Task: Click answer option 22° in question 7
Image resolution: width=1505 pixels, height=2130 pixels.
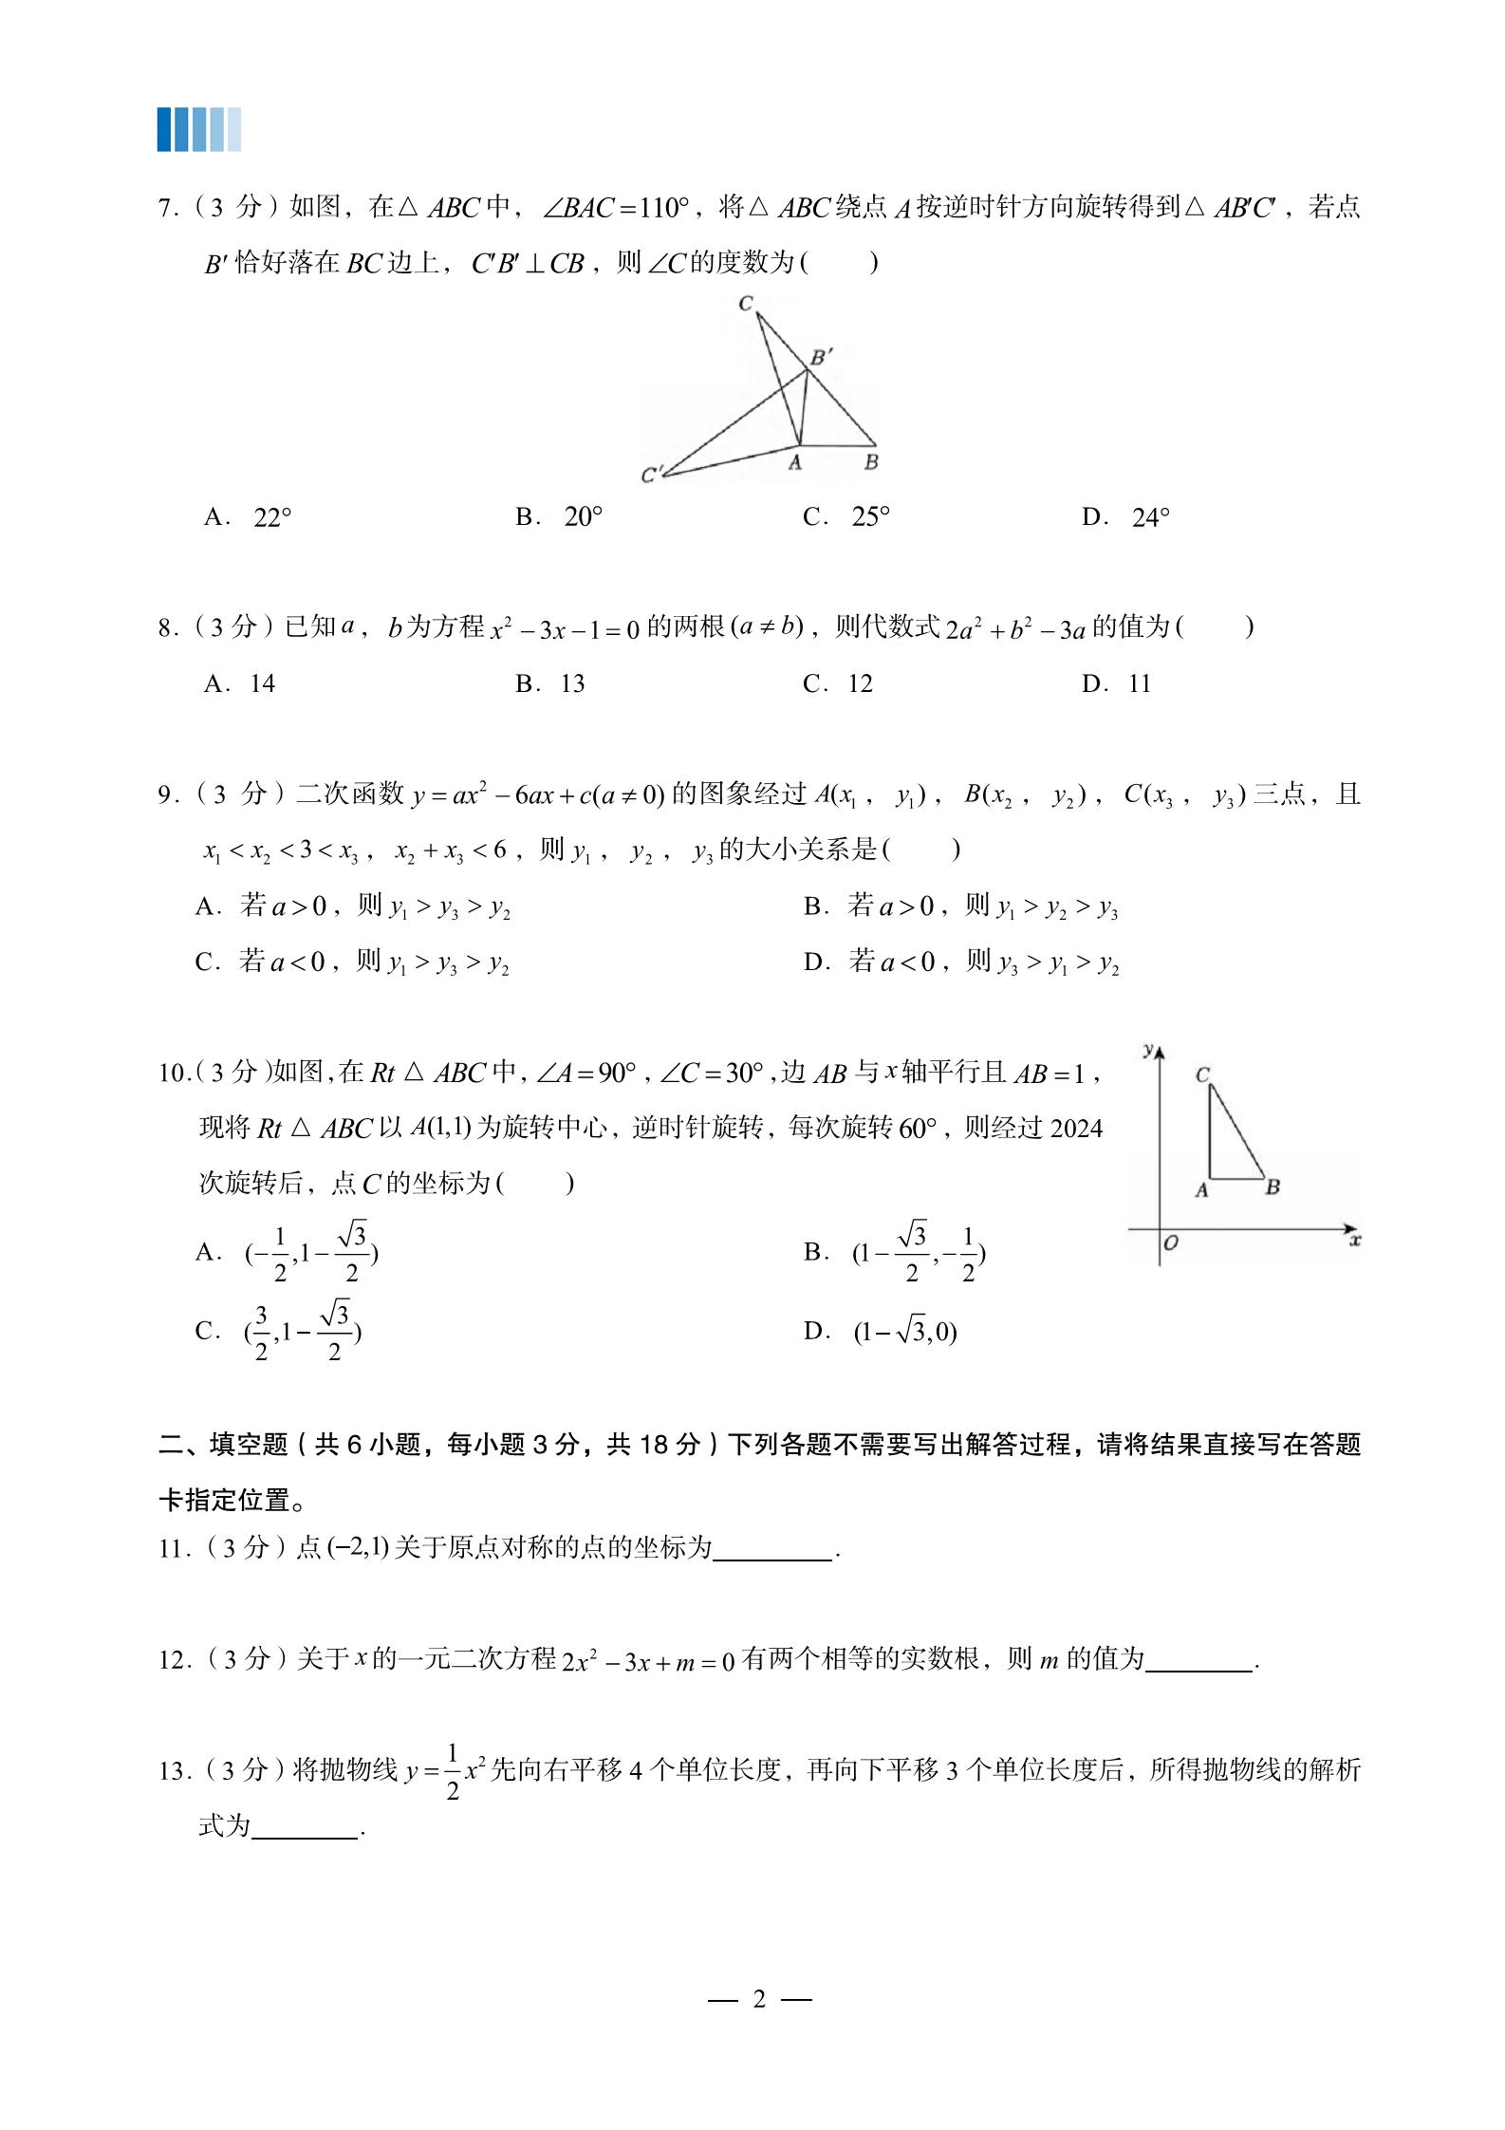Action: pos(272,517)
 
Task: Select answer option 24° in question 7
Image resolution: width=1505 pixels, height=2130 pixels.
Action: pos(1150,517)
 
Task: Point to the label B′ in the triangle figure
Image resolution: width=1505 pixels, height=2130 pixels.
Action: pos(822,357)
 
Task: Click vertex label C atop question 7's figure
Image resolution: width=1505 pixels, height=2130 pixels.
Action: pos(746,304)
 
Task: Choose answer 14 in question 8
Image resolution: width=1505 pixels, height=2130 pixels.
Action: pos(262,683)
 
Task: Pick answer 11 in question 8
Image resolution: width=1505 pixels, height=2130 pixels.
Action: pos(1139,683)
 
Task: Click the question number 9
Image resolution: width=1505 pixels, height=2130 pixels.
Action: pos(166,794)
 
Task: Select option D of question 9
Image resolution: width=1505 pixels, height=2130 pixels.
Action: pos(960,963)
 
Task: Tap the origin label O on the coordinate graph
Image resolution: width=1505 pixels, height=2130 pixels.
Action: pos(1171,1242)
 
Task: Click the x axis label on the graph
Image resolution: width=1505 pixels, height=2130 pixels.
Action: pos(1355,1240)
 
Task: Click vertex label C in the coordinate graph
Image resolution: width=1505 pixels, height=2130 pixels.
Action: pos(1202,1074)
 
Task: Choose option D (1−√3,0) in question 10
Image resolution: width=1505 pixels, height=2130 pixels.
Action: pos(904,1332)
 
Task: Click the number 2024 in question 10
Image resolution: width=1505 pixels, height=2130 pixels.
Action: pos(1077,1129)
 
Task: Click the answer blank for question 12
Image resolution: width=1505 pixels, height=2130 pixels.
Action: pos(1198,1660)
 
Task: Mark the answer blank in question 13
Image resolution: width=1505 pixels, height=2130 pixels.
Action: pos(306,1826)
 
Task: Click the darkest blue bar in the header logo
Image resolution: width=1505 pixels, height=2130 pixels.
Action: pos(165,129)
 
